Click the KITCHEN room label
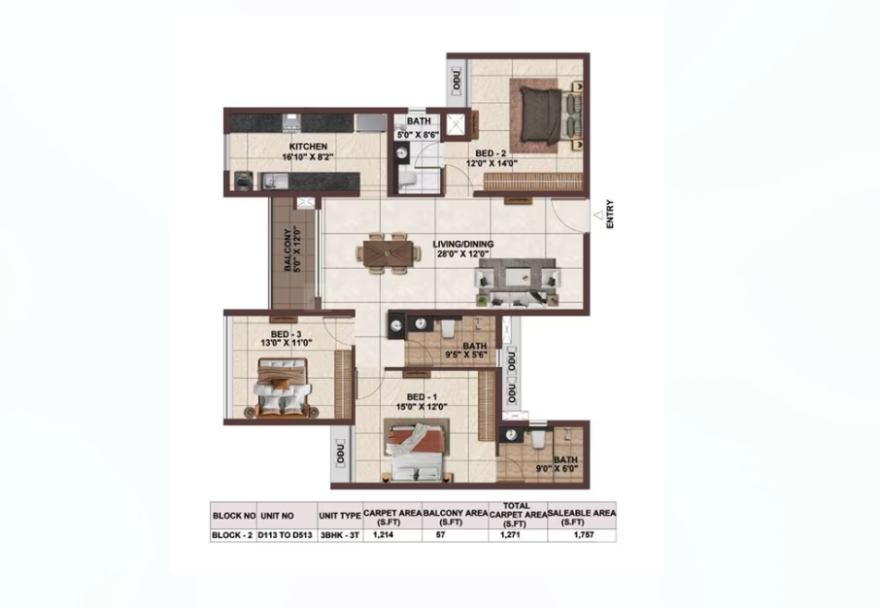(x=308, y=147)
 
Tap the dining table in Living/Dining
(x=388, y=253)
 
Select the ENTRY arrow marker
(x=599, y=215)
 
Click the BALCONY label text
(x=288, y=250)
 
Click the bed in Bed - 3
(x=283, y=388)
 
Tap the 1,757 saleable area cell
(x=583, y=535)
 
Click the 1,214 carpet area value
(x=384, y=535)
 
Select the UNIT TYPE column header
(x=340, y=516)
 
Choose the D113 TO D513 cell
(x=286, y=535)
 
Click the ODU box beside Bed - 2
(x=457, y=80)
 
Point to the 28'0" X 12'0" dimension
(x=463, y=253)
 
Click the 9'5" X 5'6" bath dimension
(x=466, y=355)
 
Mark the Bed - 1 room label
(x=423, y=397)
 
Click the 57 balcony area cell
(x=441, y=535)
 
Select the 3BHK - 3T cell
(x=340, y=535)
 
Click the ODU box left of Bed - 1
(x=340, y=453)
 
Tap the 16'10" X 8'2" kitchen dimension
(x=308, y=157)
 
